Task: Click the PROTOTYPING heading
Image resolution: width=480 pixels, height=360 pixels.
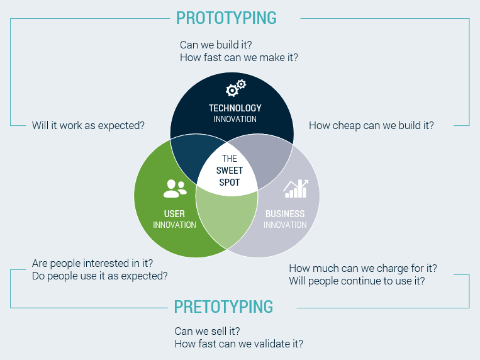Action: [226, 18]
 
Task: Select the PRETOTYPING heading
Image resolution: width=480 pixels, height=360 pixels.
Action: [223, 307]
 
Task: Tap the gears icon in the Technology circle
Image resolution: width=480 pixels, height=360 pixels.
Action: [236, 88]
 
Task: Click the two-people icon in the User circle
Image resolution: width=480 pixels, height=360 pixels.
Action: [175, 188]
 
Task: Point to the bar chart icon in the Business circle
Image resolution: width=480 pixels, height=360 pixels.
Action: [296, 189]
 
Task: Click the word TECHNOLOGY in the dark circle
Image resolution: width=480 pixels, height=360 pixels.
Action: [235, 108]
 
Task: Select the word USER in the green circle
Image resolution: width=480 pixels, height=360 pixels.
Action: [174, 214]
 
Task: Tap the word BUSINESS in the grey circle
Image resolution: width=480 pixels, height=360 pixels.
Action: [285, 214]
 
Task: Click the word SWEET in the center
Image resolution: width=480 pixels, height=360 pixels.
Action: [229, 171]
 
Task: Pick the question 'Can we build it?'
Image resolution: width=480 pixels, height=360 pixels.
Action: [216, 45]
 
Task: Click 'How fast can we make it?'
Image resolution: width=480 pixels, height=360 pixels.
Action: [239, 58]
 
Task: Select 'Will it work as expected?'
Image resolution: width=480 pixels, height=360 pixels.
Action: [88, 126]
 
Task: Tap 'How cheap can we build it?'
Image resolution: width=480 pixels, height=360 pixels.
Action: [371, 126]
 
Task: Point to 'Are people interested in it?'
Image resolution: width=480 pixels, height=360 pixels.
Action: [92, 264]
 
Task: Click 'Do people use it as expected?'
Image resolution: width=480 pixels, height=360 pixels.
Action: [100, 276]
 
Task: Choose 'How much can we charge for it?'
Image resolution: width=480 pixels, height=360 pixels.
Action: [363, 268]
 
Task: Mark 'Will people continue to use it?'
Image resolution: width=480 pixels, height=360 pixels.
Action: [357, 281]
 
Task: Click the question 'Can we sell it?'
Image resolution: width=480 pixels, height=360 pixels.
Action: [207, 331]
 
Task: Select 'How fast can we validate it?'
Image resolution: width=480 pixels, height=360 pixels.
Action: [239, 344]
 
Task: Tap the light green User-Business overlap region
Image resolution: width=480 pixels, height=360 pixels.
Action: [227, 218]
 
